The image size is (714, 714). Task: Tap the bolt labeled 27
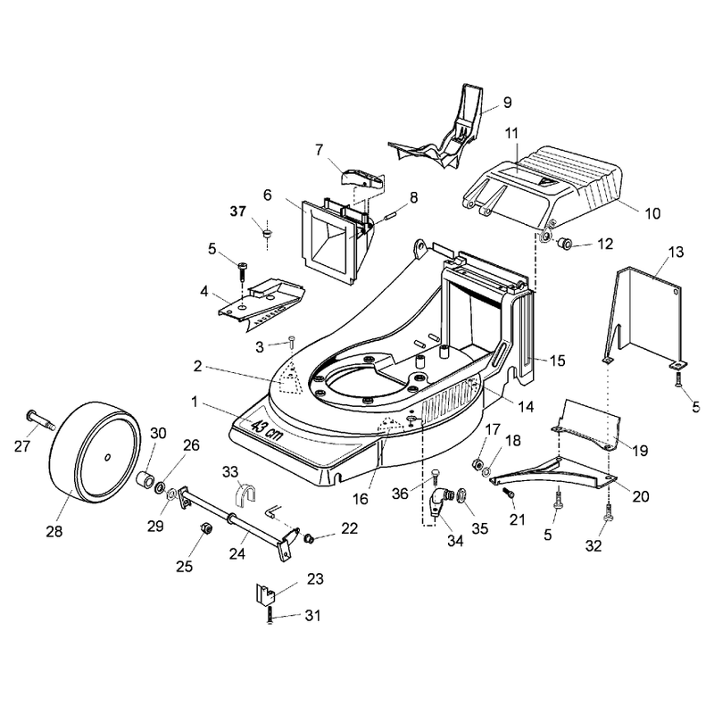[41, 420]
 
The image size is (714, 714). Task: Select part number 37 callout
[238, 212]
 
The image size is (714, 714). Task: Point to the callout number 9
[507, 103]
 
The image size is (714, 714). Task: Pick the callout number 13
[677, 252]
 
